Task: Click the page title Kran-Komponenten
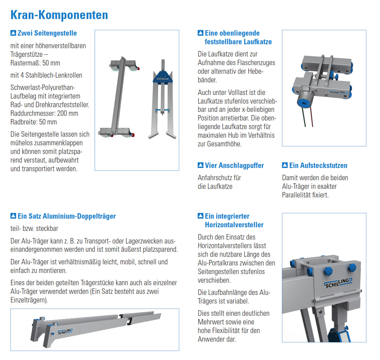pyautogui.click(x=59, y=15)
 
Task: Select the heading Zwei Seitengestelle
pyautogui.click(x=47, y=33)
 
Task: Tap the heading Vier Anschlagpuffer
pyautogui.click(x=234, y=165)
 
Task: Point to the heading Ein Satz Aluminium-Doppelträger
pyautogui.click(x=67, y=216)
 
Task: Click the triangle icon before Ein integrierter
pyautogui.click(x=200, y=216)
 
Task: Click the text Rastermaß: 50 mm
pyautogui.click(x=36, y=63)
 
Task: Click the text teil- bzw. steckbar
pyautogui.click(x=34, y=228)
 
